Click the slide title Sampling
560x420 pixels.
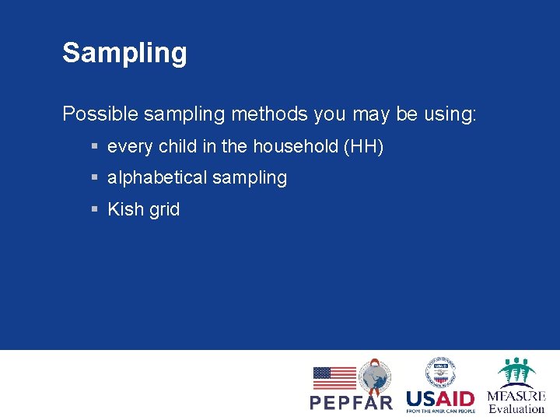(x=124, y=53)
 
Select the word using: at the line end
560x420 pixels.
(x=450, y=114)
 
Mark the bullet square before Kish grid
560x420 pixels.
(x=93, y=209)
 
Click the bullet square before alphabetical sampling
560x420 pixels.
(x=93, y=178)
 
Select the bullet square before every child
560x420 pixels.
(x=93, y=146)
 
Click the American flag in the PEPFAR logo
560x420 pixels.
(x=334, y=378)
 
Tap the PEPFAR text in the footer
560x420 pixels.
(x=352, y=402)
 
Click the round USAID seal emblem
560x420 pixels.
(x=440, y=372)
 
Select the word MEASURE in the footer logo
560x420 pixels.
(x=516, y=396)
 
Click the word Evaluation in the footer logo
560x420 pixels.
(x=516, y=409)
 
